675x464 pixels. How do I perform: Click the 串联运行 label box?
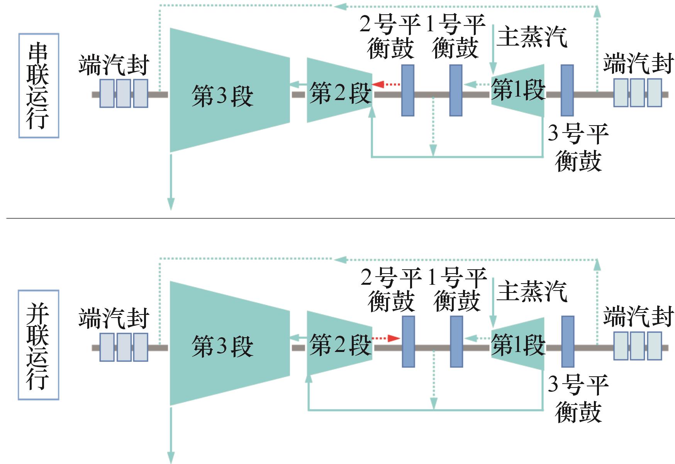pyautogui.click(x=39, y=86)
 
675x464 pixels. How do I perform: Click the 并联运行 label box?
pyautogui.click(x=39, y=345)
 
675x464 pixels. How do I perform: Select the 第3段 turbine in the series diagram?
pyautogui.click(x=230, y=90)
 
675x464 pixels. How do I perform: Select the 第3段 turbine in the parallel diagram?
pyautogui.click(x=230, y=343)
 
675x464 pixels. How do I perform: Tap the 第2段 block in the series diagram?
pyautogui.click(x=339, y=90)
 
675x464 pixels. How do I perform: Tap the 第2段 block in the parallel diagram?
pyautogui.click(x=339, y=343)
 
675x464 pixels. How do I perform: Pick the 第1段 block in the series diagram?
pyautogui.click(x=518, y=90)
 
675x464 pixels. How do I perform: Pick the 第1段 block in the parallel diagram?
pyautogui.click(x=518, y=343)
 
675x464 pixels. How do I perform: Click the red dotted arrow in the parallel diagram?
pyautogui.click(x=387, y=338)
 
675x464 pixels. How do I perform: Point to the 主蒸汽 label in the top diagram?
pyautogui.click(x=532, y=37)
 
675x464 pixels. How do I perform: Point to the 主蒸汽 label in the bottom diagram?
pyautogui.click(x=532, y=291)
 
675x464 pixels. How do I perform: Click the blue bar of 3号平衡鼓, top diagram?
pyautogui.click(x=567, y=90)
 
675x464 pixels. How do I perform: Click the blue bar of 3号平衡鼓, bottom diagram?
pyautogui.click(x=567, y=342)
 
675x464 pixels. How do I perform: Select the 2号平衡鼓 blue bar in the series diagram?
pyautogui.click(x=408, y=90)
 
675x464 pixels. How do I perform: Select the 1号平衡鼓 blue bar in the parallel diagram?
pyautogui.click(x=456, y=342)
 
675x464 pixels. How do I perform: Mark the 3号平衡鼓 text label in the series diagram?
pyautogui.click(x=578, y=147)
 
